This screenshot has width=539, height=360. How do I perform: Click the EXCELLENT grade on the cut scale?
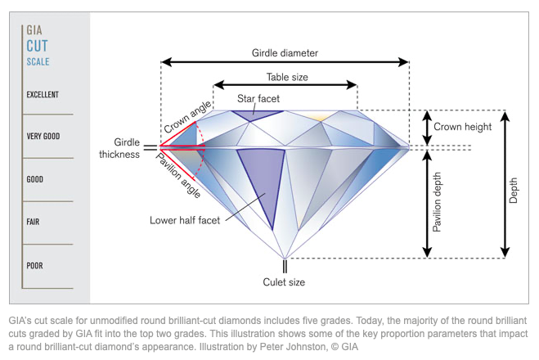(x=43, y=95)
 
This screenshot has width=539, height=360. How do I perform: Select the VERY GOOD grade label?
(x=43, y=136)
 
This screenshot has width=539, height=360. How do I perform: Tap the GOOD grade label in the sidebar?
(x=34, y=179)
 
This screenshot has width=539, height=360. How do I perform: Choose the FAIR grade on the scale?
(x=33, y=222)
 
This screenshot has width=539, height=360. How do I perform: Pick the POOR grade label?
(x=34, y=266)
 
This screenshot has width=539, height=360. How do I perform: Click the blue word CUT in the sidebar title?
(x=37, y=46)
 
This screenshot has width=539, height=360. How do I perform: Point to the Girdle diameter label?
(x=285, y=53)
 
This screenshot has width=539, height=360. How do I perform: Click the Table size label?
(x=287, y=77)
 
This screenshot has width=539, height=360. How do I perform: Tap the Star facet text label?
(x=258, y=99)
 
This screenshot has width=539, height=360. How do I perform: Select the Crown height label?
(x=462, y=127)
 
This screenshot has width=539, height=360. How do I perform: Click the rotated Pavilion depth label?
(x=437, y=202)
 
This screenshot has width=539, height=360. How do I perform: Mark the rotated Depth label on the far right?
(x=513, y=190)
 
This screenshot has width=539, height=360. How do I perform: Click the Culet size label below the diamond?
(x=284, y=282)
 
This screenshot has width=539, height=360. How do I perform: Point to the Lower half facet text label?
(x=185, y=220)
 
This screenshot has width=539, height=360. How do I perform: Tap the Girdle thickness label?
(x=119, y=148)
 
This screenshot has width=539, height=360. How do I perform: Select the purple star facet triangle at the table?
(x=256, y=115)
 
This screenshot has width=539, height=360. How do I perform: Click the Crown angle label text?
(x=187, y=117)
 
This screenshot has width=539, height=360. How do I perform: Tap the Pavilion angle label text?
(x=178, y=175)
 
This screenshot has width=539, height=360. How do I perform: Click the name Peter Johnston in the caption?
(x=293, y=347)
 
